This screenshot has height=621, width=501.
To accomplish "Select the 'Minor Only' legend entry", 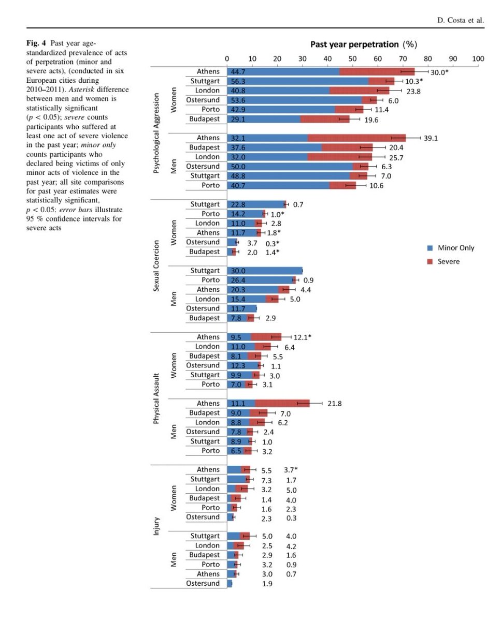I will (x=456, y=248).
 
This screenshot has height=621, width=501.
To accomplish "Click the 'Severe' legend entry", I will (x=449, y=261).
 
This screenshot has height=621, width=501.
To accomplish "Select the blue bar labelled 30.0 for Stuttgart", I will (x=265, y=271).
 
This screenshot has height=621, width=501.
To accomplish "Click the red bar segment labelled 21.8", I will (x=282, y=403).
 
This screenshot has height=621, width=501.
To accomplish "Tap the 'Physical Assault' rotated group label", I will (x=156, y=394).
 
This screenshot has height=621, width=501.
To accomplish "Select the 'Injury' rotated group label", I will (x=156, y=526).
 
